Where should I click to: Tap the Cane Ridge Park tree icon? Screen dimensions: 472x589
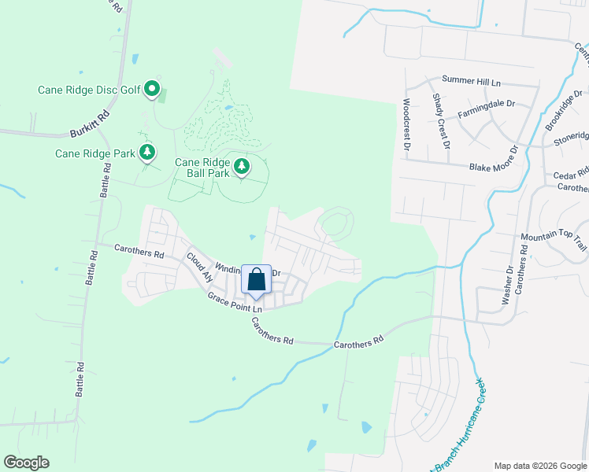(x=147, y=153)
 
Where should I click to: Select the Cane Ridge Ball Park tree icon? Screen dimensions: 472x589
(x=243, y=166)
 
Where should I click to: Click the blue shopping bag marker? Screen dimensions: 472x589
(x=256, y=279)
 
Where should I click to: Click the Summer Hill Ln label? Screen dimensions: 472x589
(x=471, y=81)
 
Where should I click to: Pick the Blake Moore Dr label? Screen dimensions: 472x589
(x=497, y=168)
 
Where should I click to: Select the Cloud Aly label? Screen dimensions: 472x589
(x=199, y=267)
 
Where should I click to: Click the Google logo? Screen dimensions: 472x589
(x=26, y=463)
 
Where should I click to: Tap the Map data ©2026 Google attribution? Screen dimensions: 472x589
(x=539, y=465)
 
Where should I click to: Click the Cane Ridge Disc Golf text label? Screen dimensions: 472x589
(x=89, y=90)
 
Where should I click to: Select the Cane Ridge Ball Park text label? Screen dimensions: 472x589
(x=202, y=168)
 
